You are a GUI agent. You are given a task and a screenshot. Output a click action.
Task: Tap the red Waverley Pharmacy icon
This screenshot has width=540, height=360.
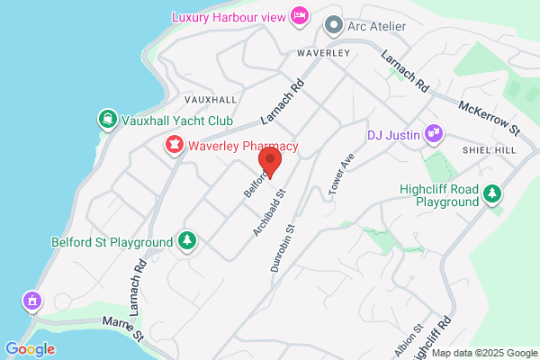tap(173, 145)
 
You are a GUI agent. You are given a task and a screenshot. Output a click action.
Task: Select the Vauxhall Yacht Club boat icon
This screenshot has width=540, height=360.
tap(108, 120)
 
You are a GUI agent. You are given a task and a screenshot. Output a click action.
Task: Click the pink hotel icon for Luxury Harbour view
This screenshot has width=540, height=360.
tap(301, 15)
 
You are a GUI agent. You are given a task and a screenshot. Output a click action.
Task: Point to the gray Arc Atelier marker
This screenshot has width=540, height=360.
tap(333, 26)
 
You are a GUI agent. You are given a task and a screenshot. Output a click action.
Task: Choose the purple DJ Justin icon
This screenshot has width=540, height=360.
tap(434, 135)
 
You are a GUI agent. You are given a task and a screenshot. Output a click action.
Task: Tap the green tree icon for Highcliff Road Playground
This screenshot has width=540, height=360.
tap(492, 193)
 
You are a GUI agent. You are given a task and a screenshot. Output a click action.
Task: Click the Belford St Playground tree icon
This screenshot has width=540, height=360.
tap(186, 241)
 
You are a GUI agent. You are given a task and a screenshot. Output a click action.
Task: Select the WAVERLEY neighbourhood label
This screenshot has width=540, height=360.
tap(324, 54)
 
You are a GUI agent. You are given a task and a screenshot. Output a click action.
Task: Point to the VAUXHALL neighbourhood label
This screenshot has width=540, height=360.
tap(210, 99)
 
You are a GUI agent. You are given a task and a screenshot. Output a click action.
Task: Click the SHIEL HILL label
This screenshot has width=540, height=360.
tap(487, 149)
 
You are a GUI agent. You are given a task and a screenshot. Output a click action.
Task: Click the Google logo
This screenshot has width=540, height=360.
tap(30, 349)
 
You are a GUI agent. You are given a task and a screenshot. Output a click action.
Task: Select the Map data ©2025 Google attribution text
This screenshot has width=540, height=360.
tap(488, 353)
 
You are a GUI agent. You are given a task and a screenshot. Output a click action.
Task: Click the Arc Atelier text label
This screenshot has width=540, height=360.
tap(376, 26)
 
